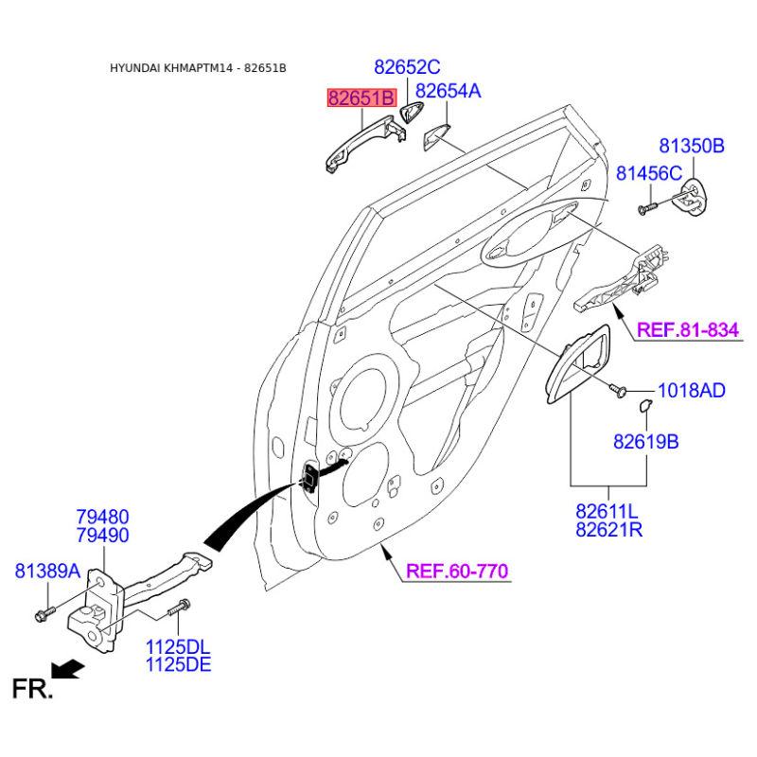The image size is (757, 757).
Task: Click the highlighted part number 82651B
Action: tap(361, 97)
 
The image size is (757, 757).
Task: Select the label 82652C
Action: tap(407, 67)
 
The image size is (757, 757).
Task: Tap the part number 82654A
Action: tap(449, 91)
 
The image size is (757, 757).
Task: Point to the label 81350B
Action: tap(692, 146)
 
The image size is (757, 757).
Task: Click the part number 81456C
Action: tap(648, 173)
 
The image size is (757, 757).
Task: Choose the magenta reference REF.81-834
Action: tap(687, 330)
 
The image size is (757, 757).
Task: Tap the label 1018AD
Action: tap(692, 390)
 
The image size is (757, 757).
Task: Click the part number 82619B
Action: tap(645, 442)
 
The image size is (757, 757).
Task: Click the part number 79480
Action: tap(102, 517)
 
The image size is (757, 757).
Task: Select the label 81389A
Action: tap(47, 571)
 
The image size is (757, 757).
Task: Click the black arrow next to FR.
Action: tap(67, 670)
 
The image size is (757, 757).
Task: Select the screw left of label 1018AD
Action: tap(618, 389)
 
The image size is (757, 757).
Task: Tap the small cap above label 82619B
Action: tap(645, 406)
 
